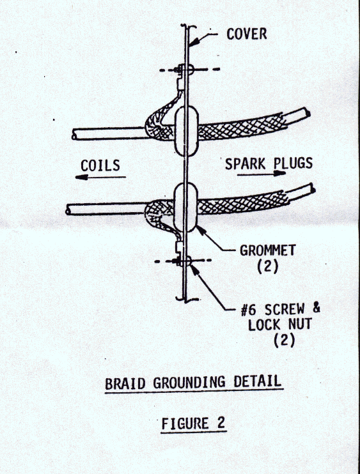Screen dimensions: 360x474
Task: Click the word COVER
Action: coord(247,34)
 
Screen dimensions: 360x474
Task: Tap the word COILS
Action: coord(100,165)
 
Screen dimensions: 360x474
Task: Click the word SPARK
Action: coord(245,164)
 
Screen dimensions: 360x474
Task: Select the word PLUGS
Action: coord(293,164)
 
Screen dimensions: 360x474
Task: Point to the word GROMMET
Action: coord(267,250)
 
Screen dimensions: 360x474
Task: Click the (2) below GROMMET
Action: coord(267,266)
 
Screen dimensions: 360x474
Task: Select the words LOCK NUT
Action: coord(280,325)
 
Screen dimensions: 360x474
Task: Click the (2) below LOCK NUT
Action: coord(284,340)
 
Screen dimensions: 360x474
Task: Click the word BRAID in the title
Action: coord(125,384)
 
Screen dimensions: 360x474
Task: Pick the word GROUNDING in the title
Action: coord(189,382)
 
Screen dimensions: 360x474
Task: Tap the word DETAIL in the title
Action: coord(257,381)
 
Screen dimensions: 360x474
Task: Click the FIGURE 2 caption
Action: coord(194,423)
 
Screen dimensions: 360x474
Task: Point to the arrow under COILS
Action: coord(100,177)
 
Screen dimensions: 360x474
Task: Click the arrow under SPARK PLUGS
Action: coord(262,174)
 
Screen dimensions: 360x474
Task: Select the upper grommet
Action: coord(187,130)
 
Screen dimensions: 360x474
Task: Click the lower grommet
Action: coord(185,208)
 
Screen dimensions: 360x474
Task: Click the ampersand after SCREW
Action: coord(316,309)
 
